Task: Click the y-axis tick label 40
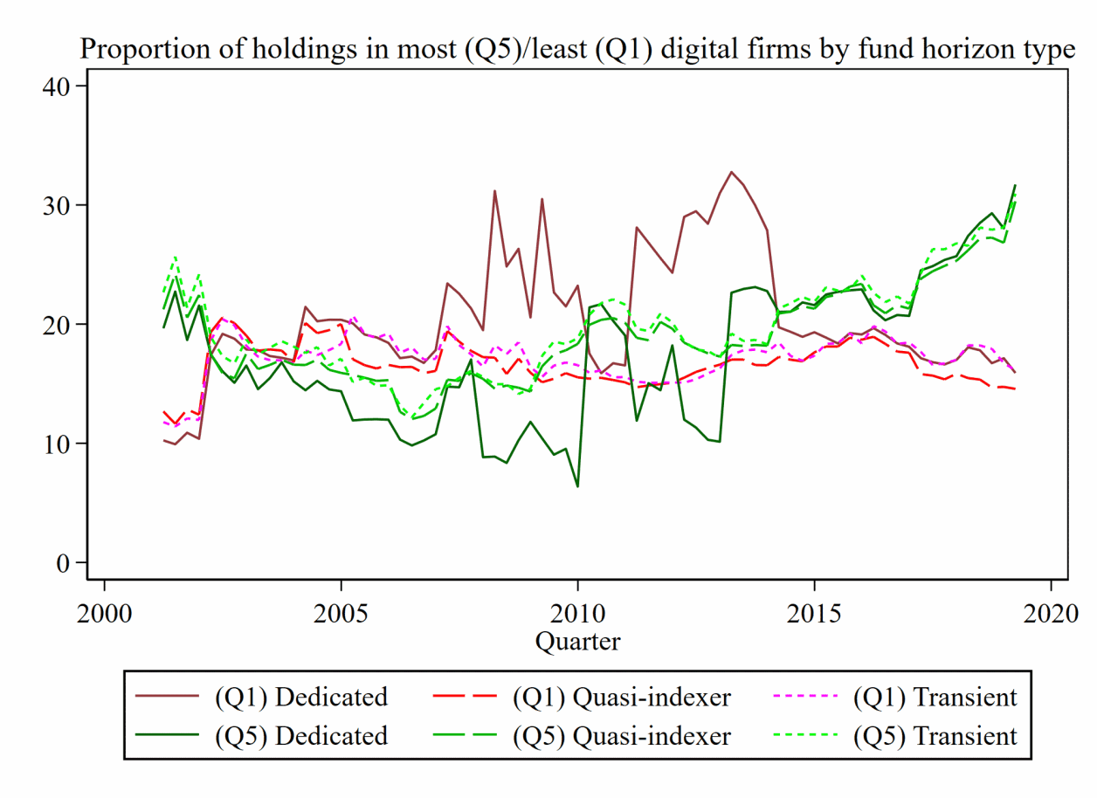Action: coord(59,86)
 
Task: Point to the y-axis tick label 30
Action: coord(59,205)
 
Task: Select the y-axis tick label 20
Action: coord(59,324)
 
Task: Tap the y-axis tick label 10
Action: coord(59,444)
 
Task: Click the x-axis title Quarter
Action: coord(577,643)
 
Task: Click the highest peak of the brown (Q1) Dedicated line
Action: coord(731,172)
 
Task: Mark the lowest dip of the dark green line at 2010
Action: coord(577,486)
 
